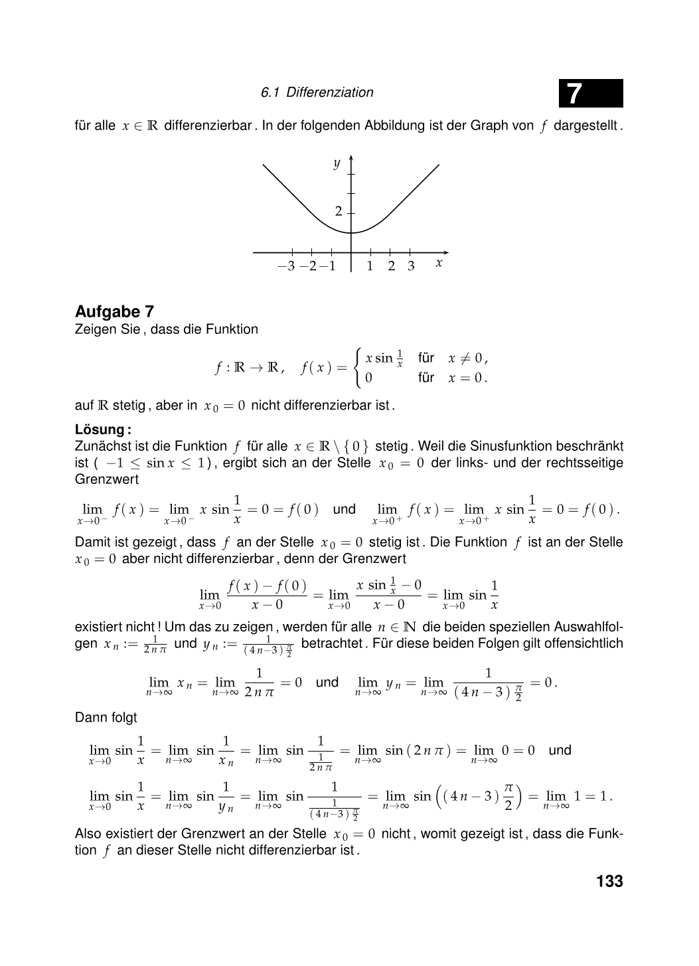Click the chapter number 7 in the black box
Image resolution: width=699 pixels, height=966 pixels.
click(575, 94)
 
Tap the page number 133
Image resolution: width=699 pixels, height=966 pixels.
click(609, 881)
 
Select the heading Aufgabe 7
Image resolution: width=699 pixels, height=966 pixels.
click(115, 311)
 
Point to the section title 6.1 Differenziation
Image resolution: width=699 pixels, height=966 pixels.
click(317, 92)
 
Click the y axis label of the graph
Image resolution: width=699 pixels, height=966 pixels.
click(337, 163)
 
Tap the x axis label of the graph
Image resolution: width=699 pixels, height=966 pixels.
click(439, 263)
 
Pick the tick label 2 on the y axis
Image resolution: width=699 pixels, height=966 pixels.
click(339, 212)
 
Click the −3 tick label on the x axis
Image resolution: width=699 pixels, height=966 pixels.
click(286, 266)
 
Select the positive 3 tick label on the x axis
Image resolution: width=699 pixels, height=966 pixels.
click(411, 266)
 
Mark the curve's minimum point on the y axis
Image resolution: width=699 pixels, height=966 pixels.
click(351, 232)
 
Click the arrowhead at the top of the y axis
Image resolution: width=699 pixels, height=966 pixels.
click(351, 160)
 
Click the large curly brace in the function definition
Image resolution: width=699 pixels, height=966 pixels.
click(358, 368)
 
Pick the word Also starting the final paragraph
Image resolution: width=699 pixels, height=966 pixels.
click(88, 833)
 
